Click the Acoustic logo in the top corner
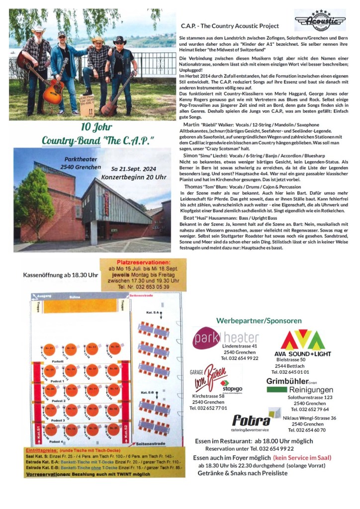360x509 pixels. pyautogui.click(x=320, y=20)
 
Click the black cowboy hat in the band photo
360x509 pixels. pyautogui.click(x=119, y=40)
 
